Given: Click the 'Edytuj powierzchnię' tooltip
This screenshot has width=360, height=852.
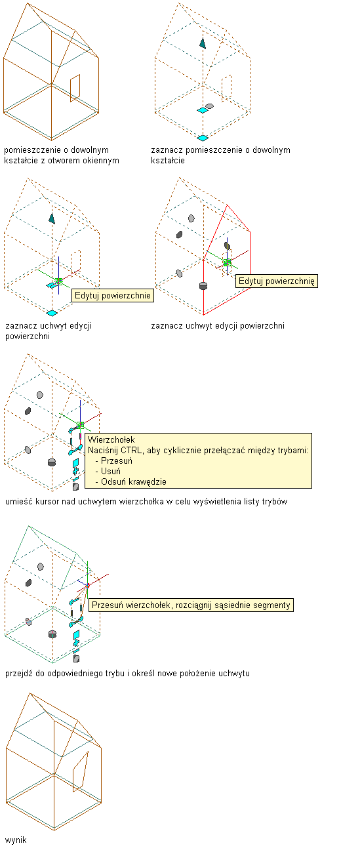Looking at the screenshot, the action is click(276, 281).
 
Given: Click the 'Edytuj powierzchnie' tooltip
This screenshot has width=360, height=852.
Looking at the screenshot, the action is click(113, 296).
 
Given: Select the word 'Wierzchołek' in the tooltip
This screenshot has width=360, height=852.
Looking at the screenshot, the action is click(111, 439).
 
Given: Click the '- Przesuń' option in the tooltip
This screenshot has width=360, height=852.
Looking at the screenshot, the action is click(113, 460).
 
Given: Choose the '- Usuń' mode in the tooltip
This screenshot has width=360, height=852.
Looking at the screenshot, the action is click(108, 471).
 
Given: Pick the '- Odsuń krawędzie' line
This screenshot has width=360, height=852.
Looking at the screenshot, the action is click(130, 481).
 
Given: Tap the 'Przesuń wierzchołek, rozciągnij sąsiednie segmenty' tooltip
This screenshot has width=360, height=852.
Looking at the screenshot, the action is click(191, 605).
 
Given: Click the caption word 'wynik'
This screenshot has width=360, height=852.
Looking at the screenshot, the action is click(16, 840).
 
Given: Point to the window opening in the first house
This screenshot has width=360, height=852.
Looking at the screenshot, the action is click(75, 89).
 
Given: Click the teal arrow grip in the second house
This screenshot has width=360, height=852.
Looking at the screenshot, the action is click(203, 43).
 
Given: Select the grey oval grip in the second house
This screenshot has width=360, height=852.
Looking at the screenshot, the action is click(209, 106).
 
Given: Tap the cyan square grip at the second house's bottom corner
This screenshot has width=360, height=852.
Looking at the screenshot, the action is click(203, 138).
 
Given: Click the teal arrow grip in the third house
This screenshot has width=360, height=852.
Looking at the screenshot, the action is click(52, 218).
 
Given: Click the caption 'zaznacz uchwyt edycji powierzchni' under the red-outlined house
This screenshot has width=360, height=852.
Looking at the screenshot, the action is click(218, 325).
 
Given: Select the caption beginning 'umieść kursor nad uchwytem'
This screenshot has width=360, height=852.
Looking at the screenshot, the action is click(146, 501).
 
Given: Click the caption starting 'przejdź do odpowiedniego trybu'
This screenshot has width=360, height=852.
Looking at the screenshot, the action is click(127, 673).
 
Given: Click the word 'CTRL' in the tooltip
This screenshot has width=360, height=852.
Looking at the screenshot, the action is click(130, 451).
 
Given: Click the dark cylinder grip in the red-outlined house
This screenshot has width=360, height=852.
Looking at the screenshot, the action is click(203, 285).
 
